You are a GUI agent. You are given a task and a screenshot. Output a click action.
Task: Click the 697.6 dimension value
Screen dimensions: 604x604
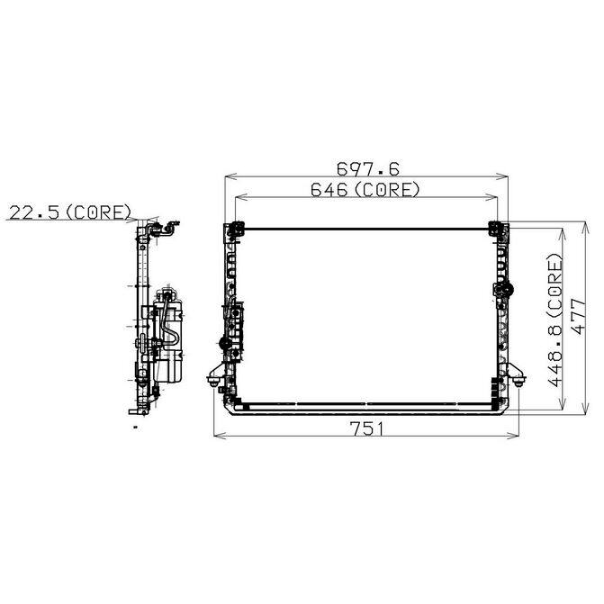(368, 168)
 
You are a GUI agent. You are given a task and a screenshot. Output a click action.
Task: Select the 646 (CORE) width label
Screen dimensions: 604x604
(365, 190)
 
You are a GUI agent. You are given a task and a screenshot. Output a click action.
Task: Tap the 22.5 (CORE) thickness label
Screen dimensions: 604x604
(70, 212)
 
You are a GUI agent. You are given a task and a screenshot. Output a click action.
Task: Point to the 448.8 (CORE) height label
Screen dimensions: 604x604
(555, 320)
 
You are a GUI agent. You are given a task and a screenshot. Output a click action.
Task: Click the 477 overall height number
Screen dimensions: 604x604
(579, 316)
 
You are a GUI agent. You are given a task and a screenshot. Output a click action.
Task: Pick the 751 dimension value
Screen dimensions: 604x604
(366, 428)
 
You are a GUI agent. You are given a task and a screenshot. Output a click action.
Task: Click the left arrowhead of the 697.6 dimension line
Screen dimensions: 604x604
(230, 176)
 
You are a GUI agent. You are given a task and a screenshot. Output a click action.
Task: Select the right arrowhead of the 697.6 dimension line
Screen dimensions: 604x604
(502, 176)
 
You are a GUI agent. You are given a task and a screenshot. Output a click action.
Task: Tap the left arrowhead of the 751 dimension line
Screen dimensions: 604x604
(219, 436)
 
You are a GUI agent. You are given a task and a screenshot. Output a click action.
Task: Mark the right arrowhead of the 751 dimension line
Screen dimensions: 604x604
(513, 436)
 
